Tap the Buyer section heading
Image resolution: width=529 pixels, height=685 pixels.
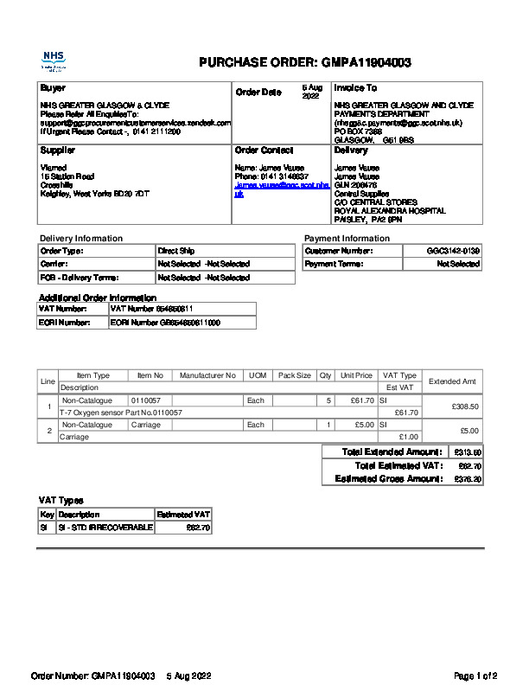[53, 88]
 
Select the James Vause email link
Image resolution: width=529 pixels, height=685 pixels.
[282, 189]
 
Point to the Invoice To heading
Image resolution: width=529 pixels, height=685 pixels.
[355, 88]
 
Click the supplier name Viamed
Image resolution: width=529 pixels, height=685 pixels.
[54, 168]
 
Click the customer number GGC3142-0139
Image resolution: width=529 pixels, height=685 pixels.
[453, 251]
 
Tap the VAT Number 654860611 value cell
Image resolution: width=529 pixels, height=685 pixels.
[152, 309]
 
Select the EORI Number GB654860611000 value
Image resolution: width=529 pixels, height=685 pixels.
[165, 323]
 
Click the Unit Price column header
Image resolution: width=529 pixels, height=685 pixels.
[356, 376]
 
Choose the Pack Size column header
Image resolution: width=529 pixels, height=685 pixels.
[294, 376]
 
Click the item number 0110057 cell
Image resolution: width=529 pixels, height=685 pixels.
[146, 401]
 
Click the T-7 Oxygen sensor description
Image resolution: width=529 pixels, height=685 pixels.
[120, 413]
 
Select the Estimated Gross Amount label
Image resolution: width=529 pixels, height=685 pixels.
[388, 479]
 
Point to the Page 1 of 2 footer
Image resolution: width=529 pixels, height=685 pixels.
[475, 675]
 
